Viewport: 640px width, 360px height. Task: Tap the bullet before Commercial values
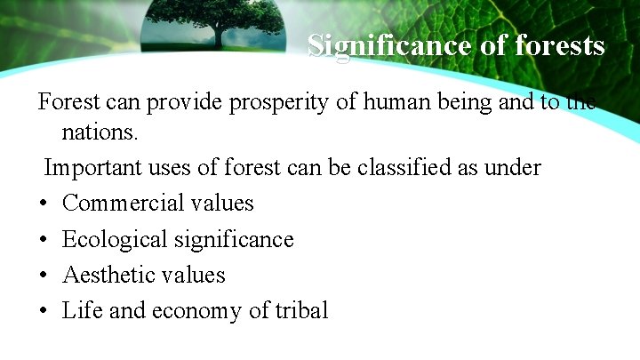coord(43,204)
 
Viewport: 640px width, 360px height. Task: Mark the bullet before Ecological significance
coord(43,240)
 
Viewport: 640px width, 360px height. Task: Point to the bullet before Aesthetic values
coord(43,276)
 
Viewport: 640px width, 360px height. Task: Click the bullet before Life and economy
coord(43,311)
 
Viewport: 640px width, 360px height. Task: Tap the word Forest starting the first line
coord(65,102)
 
